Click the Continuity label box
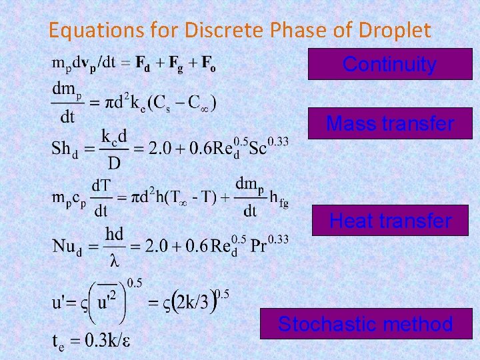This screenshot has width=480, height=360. click(389, 64)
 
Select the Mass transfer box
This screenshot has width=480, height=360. click(389, 123)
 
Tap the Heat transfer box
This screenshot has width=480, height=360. click(390, 220)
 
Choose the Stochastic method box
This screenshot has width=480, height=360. click(365, 325)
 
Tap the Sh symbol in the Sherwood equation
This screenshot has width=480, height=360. click(61, 148)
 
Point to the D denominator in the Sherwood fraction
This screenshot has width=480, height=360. click(114, 163)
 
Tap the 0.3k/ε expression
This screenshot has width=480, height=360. click(101, 341)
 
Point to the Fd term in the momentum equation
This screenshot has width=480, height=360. click(141, 64)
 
